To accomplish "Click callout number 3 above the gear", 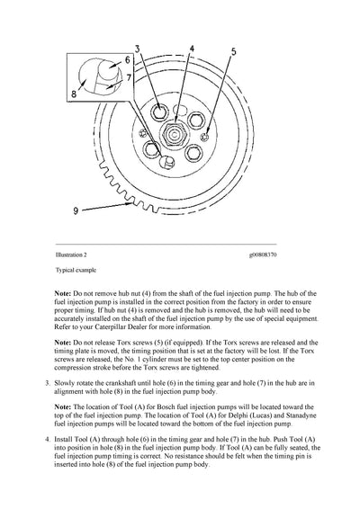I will pyautogui.click(x=138, y=47).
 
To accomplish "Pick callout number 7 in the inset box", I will pyautogui.click(x=127, y=78).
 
